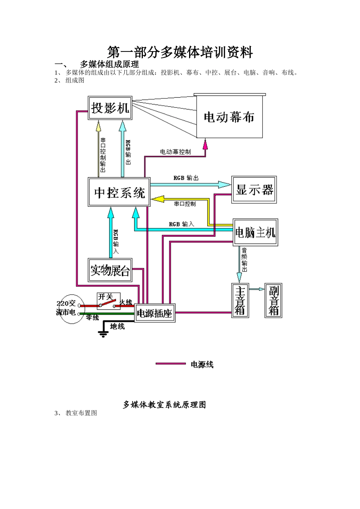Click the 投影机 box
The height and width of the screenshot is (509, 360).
[110, 108]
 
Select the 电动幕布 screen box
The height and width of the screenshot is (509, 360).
[229, 117]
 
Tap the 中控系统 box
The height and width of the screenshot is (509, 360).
[119, 192]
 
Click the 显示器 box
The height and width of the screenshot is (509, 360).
[254, 190]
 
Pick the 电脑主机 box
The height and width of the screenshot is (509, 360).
[255, 232]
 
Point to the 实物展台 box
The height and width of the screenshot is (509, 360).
[110, 270]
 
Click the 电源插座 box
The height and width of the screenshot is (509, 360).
[155, 313]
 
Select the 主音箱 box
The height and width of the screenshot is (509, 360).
[240, 300]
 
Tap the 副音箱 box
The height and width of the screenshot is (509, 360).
[273, 300]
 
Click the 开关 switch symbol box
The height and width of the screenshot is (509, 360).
[108, 301]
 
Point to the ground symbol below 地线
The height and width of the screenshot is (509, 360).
[103, 334]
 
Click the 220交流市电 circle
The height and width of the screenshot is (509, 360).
[68, 309]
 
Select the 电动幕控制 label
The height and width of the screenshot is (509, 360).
[175, 152]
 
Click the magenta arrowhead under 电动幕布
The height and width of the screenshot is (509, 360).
[205, 144]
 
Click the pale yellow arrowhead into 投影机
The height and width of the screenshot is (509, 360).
[99, 125]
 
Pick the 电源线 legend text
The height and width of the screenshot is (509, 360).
[202, 364]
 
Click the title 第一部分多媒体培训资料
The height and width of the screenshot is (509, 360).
[180, 52]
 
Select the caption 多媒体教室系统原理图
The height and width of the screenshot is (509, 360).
[164, 404]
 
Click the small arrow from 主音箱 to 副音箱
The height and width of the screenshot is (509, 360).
[259, 289]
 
